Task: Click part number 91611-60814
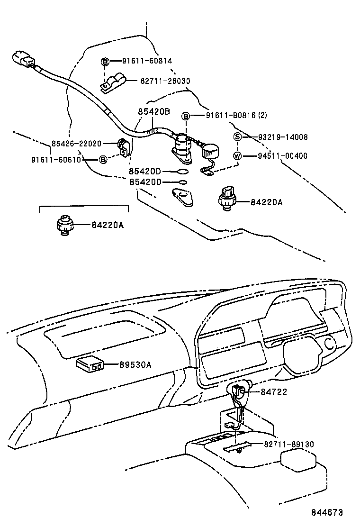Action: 147,61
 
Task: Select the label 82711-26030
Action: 165,82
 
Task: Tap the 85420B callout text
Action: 153,112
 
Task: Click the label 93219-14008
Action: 283,137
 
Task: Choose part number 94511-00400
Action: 283,155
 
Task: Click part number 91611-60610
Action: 62,160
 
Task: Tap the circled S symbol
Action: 238,137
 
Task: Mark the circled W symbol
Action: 238,156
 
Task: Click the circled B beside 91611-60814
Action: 105,61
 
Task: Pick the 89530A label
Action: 135,364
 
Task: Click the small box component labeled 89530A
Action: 90,364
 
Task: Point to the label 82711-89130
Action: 282,444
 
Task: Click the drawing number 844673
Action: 326,513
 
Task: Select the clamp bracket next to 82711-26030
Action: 112,83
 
